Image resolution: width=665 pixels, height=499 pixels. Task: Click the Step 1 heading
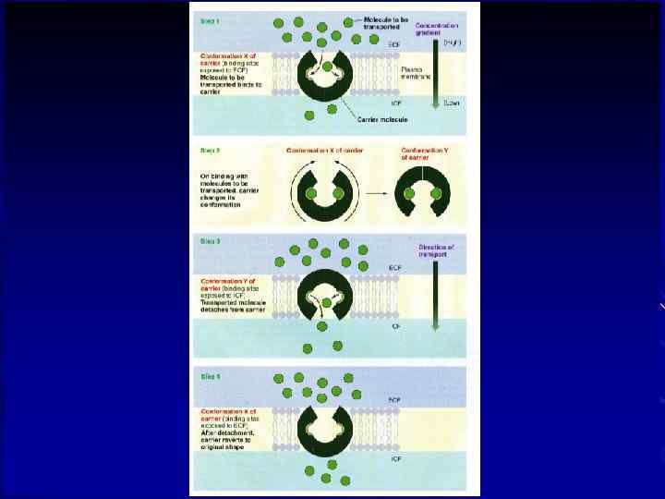pos(212,19)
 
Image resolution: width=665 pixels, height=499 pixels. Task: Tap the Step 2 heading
pos(212,148)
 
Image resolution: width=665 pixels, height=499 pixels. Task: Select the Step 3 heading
pos(212,241)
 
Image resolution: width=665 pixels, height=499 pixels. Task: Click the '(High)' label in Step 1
pos(451,43)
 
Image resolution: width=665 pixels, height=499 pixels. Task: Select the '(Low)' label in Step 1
pos(451,103)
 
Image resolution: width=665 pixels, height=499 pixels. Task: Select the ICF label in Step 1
pos(395,103)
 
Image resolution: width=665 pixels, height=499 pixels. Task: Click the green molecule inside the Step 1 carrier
pos(327,67)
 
